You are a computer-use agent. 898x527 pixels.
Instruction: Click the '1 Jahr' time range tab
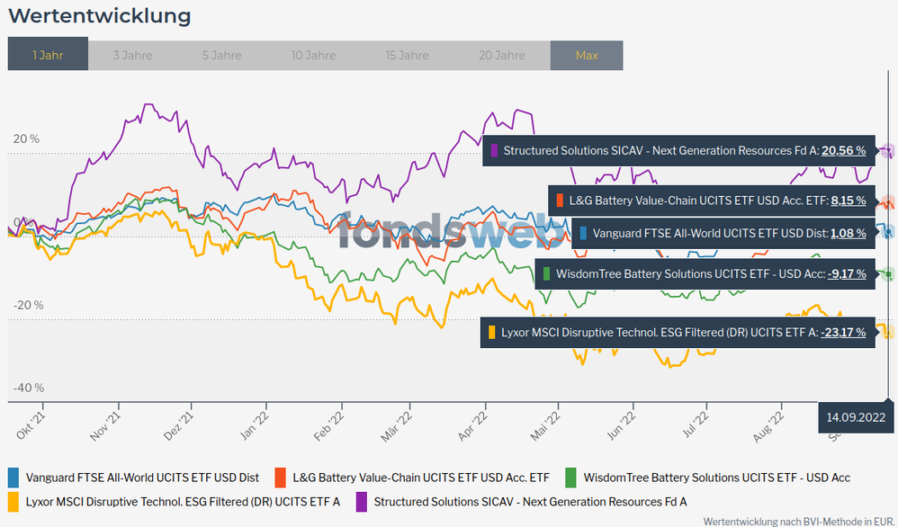pos(48,55)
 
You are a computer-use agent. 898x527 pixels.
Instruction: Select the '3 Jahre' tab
pos(132,55)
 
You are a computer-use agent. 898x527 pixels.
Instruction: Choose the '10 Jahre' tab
pos(314,55)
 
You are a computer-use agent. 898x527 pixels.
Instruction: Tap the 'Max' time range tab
pos(587,55)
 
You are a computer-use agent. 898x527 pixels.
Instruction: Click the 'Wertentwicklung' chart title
pos(99,16)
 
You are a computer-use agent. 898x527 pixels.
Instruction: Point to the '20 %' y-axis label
pos(26,139)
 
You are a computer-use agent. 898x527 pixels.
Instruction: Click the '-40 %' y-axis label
pos(28,388)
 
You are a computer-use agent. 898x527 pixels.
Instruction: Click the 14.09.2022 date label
pos(857,416)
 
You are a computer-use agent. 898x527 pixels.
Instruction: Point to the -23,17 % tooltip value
pos(843,333)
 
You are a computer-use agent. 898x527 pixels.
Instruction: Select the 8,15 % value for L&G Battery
pos(849,200)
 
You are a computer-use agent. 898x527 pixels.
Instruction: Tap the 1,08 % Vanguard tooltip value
pos(849,233)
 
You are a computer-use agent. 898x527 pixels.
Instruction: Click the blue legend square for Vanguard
pos(14,478)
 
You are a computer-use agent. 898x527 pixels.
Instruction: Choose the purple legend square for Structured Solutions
pos(363,501)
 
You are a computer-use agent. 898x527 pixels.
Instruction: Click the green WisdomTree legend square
pos(570,478)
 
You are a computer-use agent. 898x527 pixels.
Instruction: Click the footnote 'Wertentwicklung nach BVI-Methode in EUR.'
pos(799,521)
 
